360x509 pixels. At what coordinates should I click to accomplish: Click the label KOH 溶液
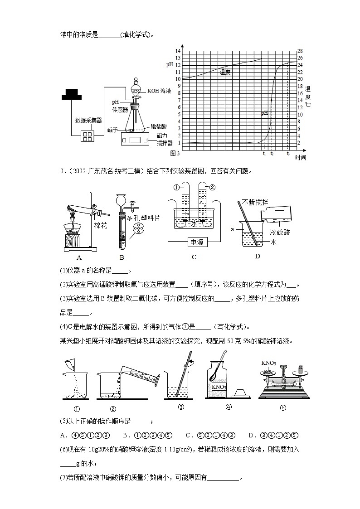click(x=159, y=91)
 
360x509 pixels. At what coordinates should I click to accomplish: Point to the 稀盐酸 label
click(x=159, y=127)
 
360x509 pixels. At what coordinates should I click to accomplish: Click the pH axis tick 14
click(x=178, y=51)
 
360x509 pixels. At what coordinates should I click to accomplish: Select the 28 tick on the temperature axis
click(x=300, y=51)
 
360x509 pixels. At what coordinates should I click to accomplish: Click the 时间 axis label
click(x=301, y=158)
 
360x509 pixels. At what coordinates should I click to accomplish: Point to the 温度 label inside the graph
click(x=225, y=72)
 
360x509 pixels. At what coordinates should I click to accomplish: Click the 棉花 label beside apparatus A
click(x=100, y=225)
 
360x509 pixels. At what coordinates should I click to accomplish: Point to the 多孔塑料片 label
click(x=145, y=218)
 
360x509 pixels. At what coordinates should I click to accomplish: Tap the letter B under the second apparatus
click(x=122, y=257)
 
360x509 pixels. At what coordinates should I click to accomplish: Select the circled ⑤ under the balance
click(x=283, y=407)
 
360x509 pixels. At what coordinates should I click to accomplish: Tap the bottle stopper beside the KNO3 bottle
click(x=241, y=392)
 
